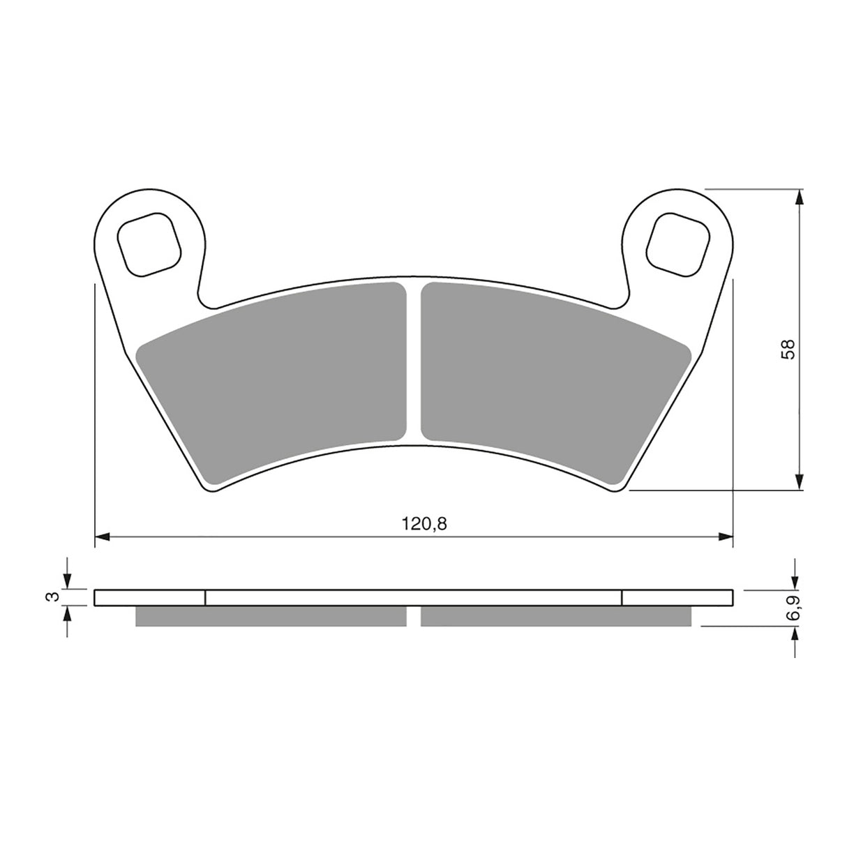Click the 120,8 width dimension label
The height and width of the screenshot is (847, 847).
pos(423,524)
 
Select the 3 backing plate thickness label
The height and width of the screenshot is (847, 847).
pos(49,597)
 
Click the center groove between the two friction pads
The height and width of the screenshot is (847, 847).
pos(413,363)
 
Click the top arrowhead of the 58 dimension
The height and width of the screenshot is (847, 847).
pos(800,197)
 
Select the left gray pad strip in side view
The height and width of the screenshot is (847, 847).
pos(271,616)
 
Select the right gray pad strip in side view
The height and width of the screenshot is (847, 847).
pos(556,616)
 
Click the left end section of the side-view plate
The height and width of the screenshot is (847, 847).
pos(149,598)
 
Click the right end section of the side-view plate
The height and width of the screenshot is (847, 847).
pos(677,598)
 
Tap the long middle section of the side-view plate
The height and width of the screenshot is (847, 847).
pos(413,598)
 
